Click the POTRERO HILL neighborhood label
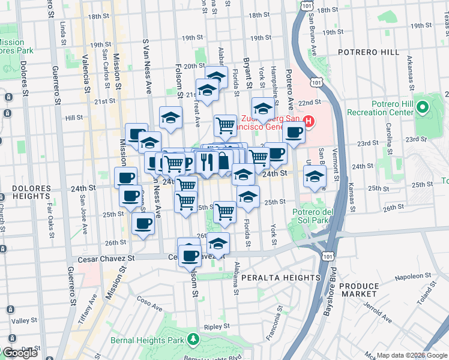click(369, 52)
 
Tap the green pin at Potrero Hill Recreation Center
click(423, 109)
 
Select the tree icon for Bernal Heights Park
click(193, 340)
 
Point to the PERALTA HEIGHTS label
click(281, 278)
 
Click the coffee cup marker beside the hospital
click(294, 133)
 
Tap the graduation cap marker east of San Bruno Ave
click(314, 176)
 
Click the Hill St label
click(74, 118)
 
